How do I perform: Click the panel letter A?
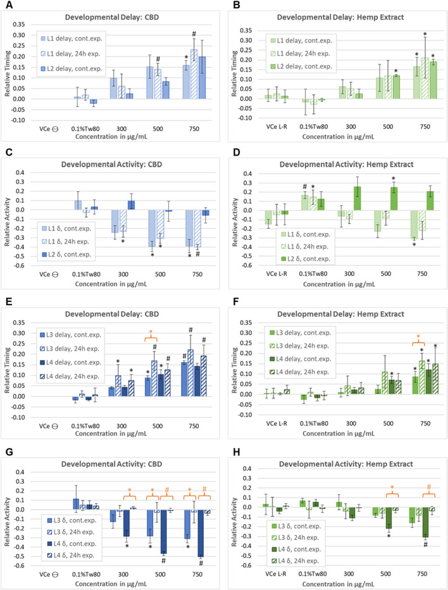[6, 6]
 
